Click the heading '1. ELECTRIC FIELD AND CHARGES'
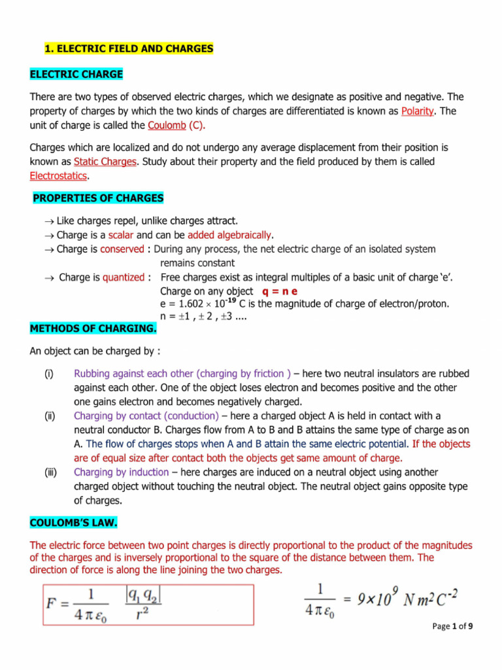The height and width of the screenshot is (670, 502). [x=128, y=49]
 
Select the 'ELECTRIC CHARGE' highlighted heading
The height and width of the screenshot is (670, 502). [x=76, y=74]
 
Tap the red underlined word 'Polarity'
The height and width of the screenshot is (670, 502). [x=417, y=111]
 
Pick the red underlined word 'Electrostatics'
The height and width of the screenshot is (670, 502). [x=58, y=175]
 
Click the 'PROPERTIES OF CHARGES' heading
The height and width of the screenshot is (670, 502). [x=98, y=198]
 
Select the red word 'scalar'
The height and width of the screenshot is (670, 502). [x=120, y=235]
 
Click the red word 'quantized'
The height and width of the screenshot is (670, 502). [x=123, y=277]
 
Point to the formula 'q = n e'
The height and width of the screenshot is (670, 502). [x=284, y=291]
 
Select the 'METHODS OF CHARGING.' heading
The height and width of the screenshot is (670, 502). [x=93, y=328]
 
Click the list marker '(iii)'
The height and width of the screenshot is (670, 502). [x=50, y=472]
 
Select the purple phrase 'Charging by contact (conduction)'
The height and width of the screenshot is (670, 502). [x=146, y=415]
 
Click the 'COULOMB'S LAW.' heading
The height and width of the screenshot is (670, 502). [x=74, y=523]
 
